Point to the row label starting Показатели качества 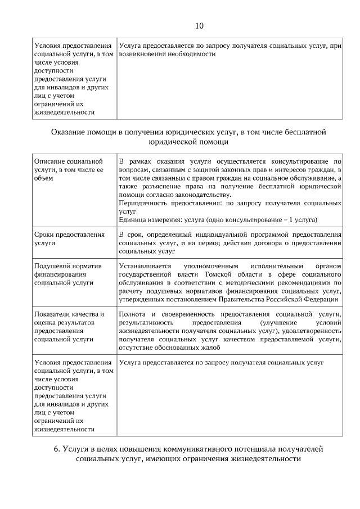[69, 326]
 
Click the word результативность [146, 323]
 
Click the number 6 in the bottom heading [56, 449]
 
